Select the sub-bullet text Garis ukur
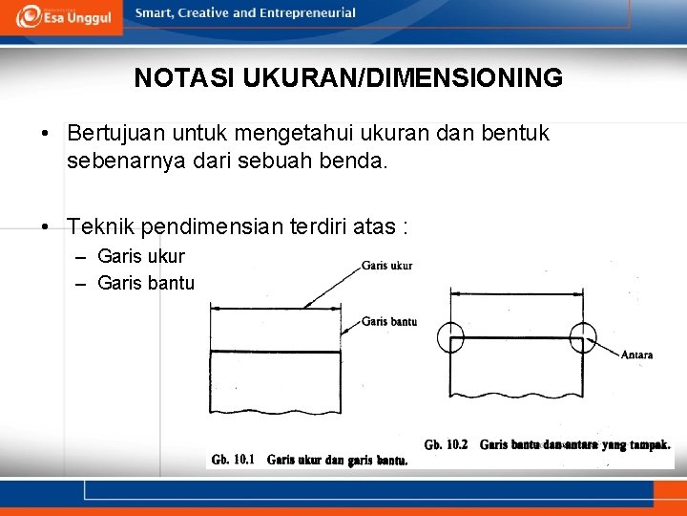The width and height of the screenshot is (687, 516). pos(141,256)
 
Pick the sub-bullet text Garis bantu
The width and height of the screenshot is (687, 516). pos(146,283)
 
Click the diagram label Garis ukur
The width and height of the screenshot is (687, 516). pos(386,266)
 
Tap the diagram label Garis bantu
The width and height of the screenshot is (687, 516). pos(388,322)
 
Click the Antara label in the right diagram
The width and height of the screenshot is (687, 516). pos(636,355)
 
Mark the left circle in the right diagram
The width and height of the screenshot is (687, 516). pos(450,338)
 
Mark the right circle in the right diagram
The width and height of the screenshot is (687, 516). pos(582,338)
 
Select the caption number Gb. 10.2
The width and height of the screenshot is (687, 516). pos(447,444)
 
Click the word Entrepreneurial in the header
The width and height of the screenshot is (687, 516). pos(311,13)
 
